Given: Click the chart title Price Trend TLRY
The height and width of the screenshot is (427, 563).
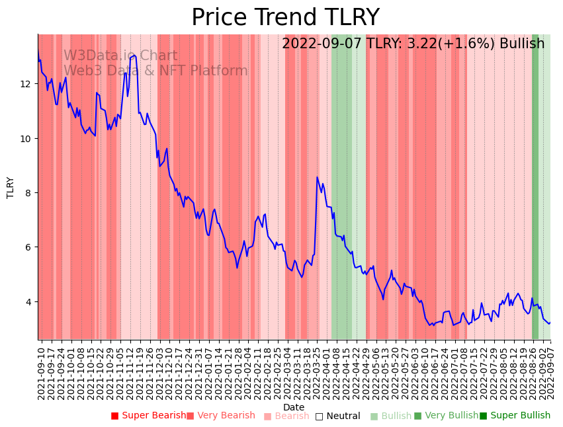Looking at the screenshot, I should coord(285,18).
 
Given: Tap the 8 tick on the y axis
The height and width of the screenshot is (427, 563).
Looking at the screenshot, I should coord(29,193).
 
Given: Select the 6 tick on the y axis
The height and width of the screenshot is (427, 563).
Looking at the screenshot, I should coord(29,247).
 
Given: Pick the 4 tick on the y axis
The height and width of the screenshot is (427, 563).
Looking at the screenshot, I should coord(29,302).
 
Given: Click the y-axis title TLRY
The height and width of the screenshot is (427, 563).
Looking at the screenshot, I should coord(11,188).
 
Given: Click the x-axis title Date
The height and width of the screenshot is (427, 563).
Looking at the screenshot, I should coord(294,407).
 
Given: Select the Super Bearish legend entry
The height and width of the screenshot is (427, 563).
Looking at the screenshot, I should coord(149,416).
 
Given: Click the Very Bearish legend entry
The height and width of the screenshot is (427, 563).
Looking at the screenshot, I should coord(220,416).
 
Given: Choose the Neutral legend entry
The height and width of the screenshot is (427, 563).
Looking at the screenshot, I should coord(337,416).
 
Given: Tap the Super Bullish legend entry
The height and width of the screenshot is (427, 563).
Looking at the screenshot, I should coord(515,416).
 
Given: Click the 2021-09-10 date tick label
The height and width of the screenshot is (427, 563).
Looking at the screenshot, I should coord(41,373).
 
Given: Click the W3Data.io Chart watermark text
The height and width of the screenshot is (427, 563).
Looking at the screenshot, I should coord(120,56).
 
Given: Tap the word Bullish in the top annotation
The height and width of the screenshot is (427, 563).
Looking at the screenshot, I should coord(522,44).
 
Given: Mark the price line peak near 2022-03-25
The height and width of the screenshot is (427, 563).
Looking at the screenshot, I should coord(318,177).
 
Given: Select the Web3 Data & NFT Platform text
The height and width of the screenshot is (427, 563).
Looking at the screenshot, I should coord(155,71).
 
